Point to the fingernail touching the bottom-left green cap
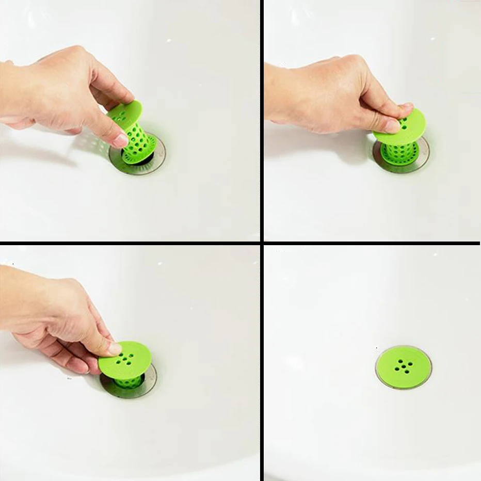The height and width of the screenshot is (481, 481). [114, 348]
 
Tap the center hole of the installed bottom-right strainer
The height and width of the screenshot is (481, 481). [404, 366]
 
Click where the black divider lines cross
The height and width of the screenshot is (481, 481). [262, 243]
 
